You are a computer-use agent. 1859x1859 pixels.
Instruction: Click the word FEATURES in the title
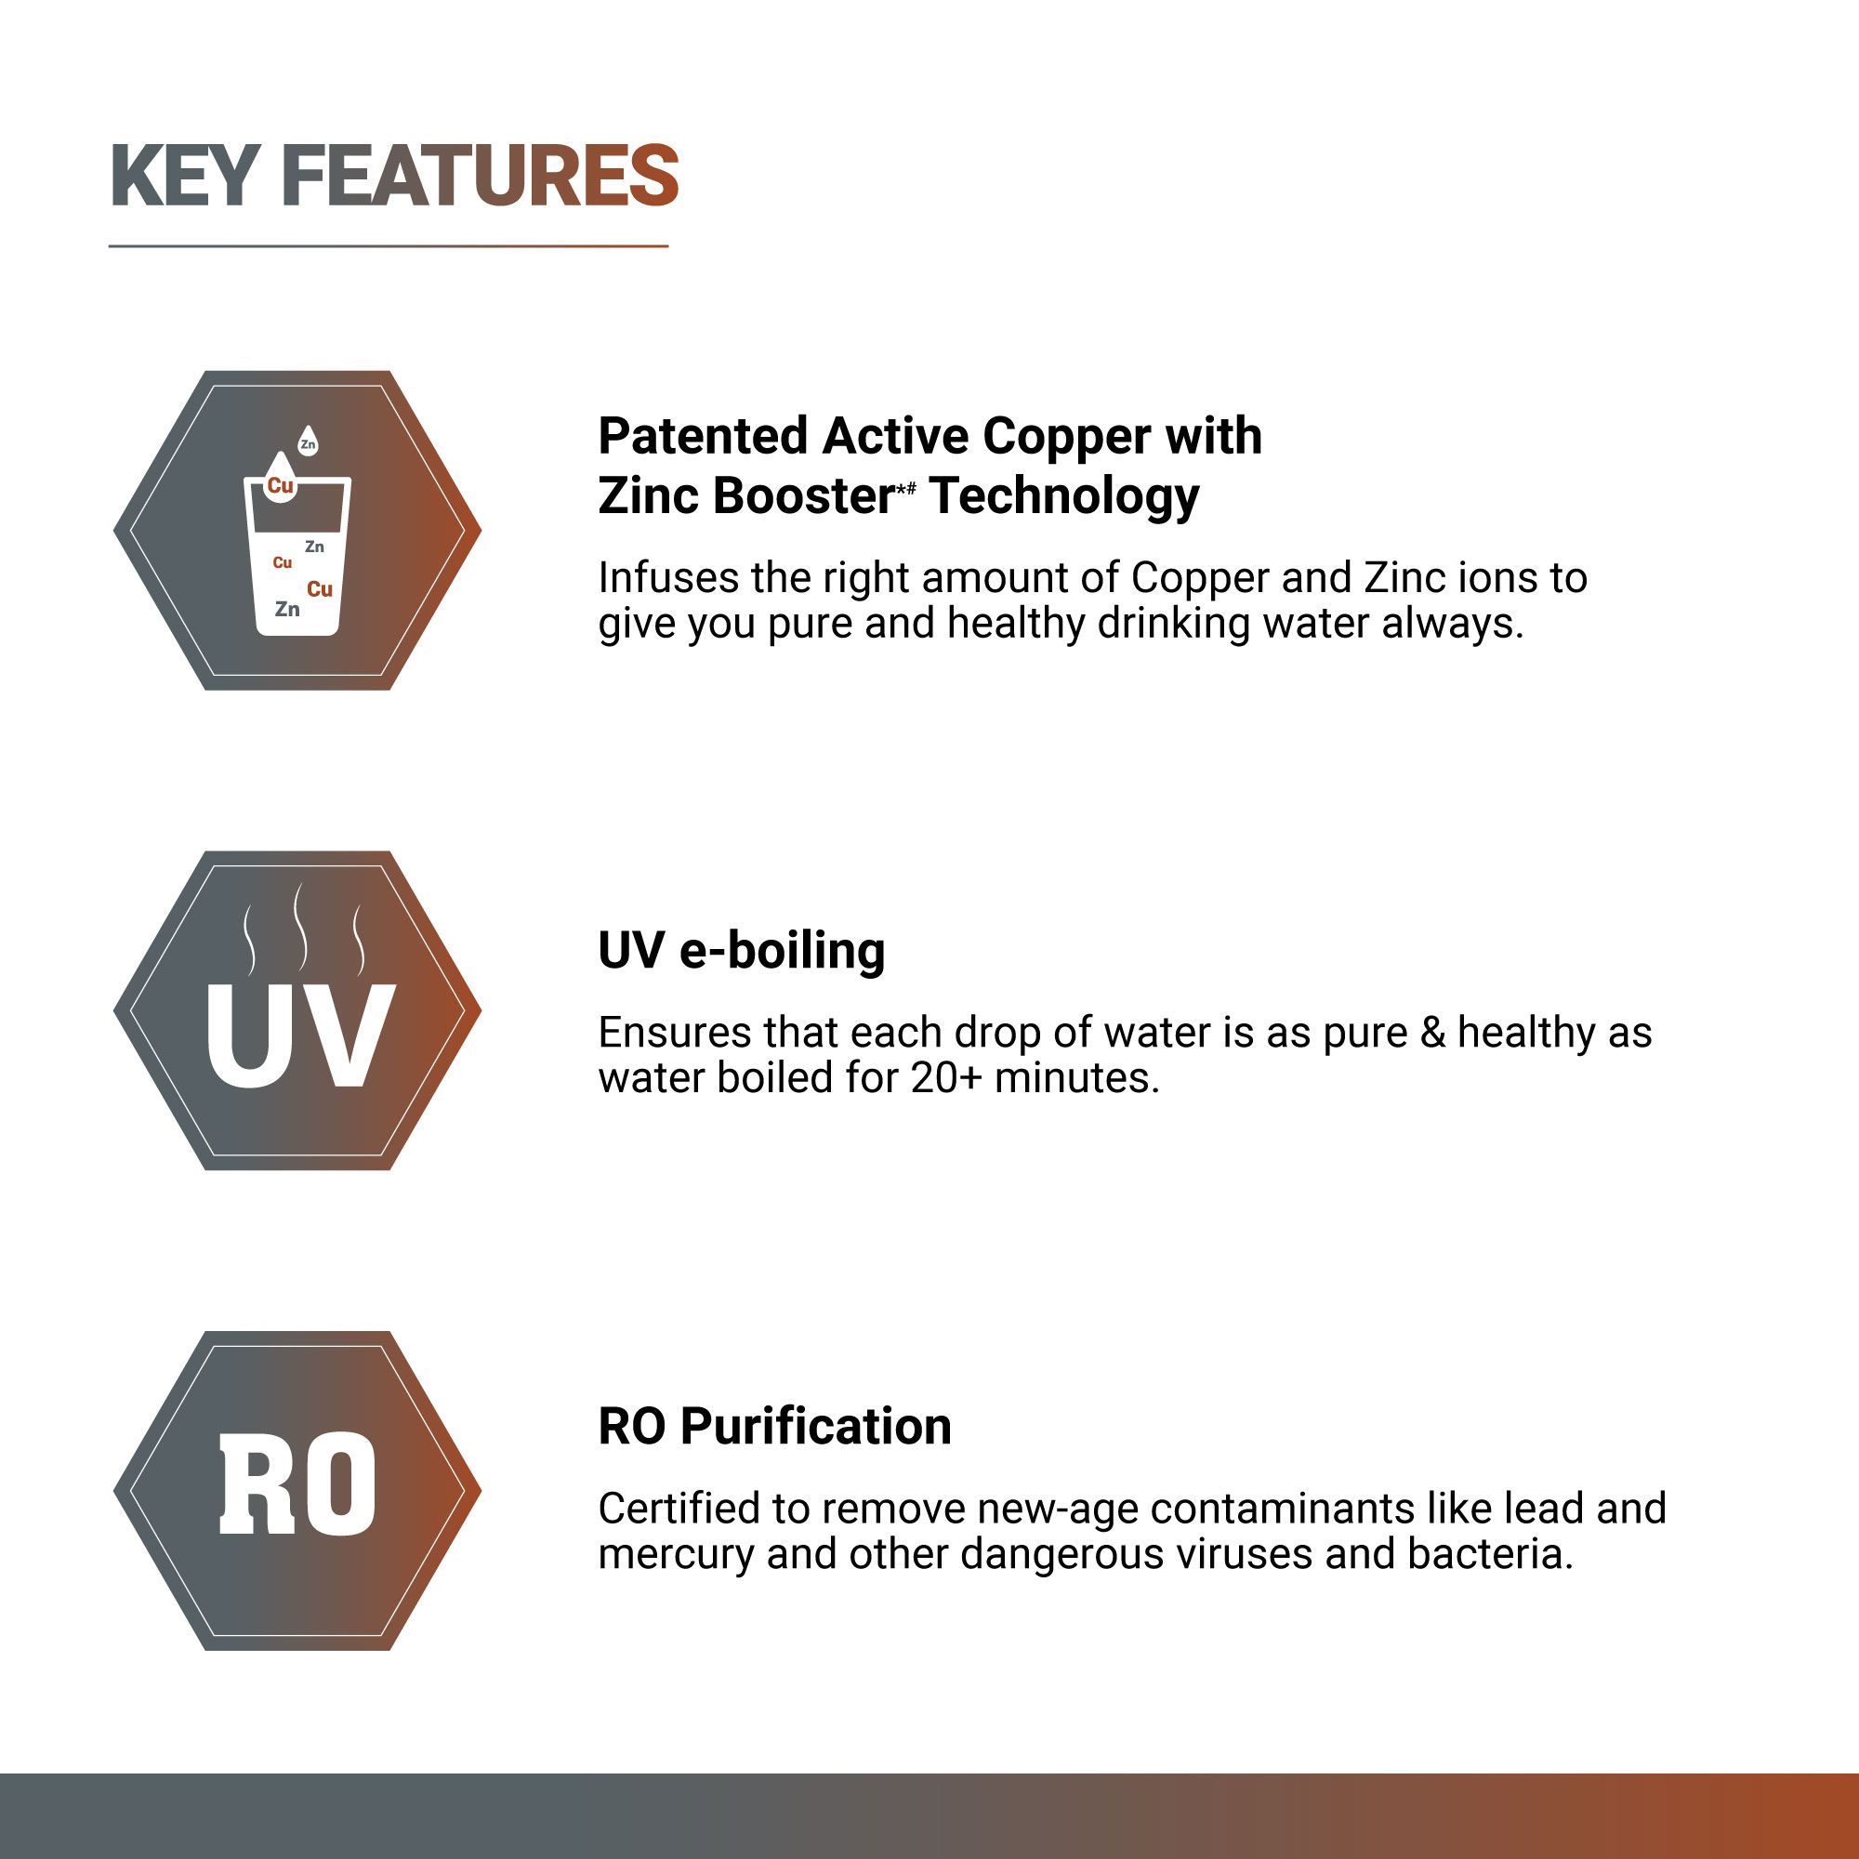481,176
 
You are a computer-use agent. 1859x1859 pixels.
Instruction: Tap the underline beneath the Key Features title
388,246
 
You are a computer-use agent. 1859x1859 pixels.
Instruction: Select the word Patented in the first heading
703,436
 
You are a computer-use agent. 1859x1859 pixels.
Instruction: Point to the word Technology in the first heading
1065,496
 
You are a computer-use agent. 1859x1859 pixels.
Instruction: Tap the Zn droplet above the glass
308,442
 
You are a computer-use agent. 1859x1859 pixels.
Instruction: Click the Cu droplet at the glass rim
280,481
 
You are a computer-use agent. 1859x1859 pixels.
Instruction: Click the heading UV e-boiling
741,951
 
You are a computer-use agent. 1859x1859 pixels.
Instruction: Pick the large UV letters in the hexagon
299,1035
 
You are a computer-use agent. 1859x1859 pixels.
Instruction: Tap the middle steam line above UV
300,926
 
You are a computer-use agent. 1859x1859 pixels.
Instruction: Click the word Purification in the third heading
815,1426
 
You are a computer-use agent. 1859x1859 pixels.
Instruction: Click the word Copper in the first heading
1066,436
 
